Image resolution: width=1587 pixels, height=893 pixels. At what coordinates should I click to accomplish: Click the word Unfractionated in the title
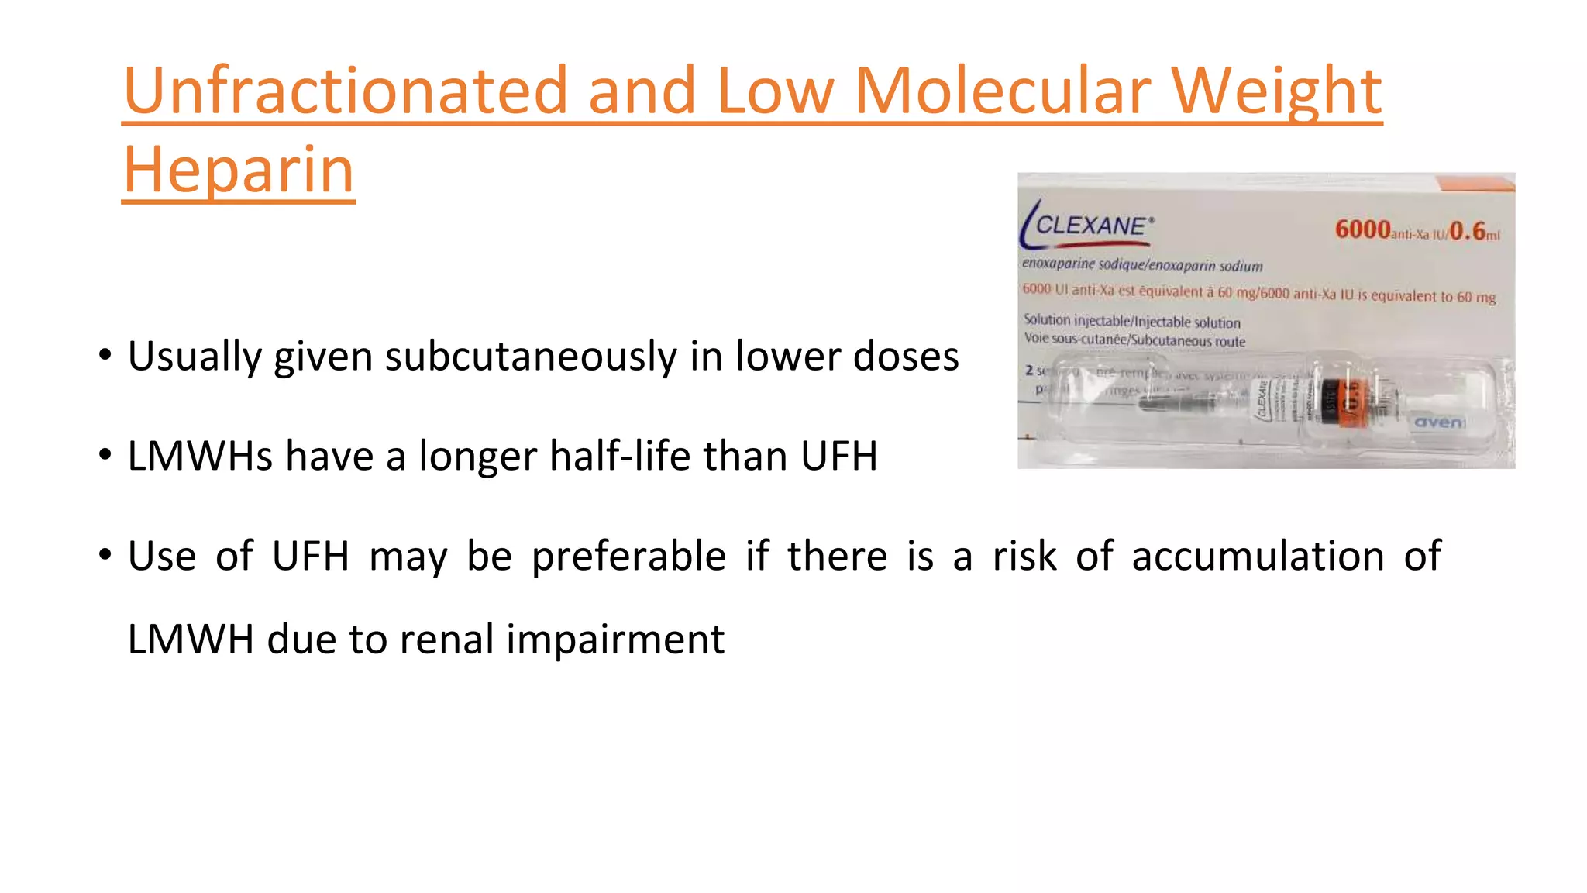click(345, 91)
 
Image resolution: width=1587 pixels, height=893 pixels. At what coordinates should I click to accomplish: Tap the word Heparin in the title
click(239, 171)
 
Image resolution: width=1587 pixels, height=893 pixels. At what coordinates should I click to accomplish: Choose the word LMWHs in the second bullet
click(200, 456)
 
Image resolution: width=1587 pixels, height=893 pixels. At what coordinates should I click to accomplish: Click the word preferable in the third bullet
click(628, 556)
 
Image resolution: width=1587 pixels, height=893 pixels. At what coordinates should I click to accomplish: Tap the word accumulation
click(1258, 556)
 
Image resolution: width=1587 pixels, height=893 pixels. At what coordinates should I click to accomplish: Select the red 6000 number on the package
click(1362, 229)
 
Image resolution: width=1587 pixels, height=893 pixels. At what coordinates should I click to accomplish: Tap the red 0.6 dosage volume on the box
click(1467, 231)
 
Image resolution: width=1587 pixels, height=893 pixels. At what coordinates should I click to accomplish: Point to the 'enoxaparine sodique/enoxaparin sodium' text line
click(1141, 265)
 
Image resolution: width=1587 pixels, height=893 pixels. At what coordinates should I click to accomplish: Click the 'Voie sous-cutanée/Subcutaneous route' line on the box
click(1134, 340)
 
